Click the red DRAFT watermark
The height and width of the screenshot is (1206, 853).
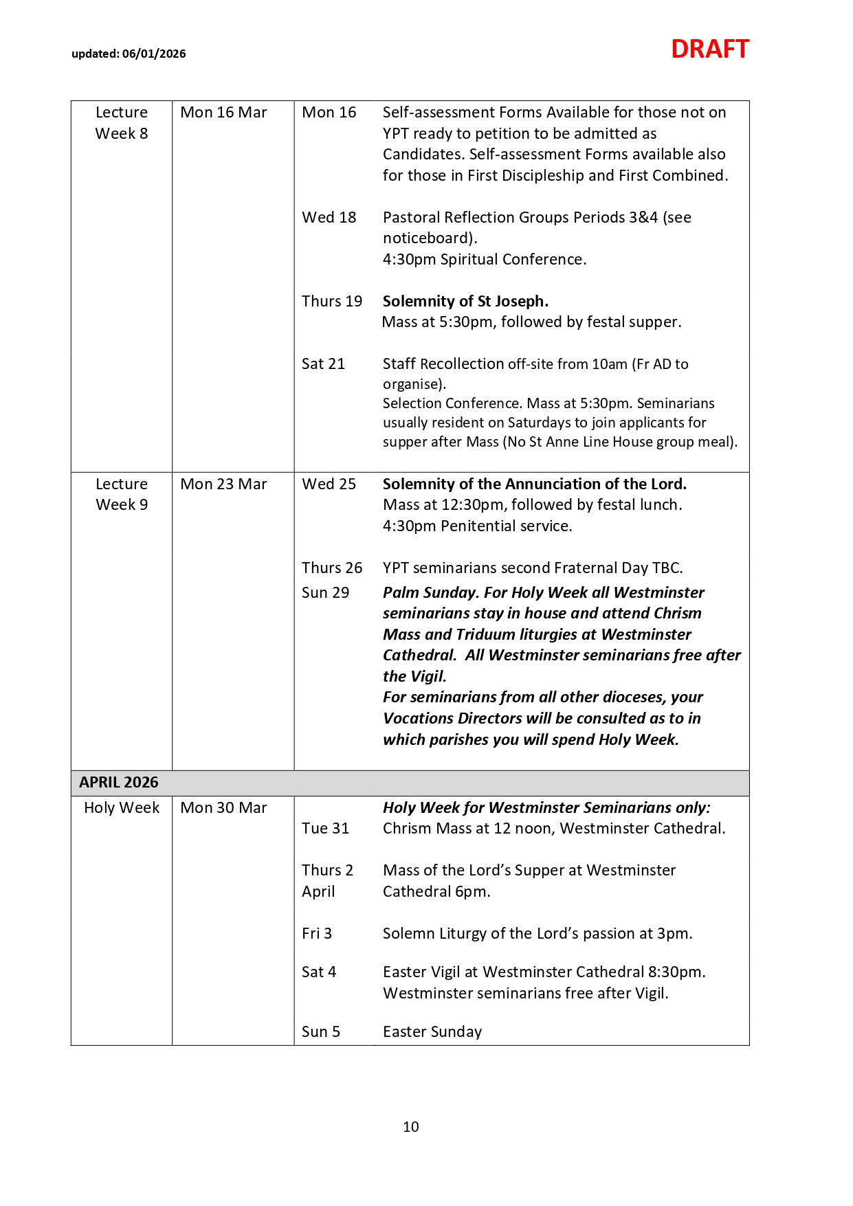(x=709, y=49)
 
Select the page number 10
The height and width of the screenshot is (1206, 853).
(x=411, y=1126)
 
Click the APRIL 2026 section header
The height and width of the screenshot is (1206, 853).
(x=119, y=783)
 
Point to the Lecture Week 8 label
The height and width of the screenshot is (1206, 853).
(x=122, y=123)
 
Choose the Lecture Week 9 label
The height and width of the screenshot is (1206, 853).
(x=122, y=494)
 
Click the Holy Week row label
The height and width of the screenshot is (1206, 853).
(x=122, y=808)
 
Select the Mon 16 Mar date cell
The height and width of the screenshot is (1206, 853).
(x=223, y=113)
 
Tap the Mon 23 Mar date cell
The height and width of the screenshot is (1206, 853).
(x=223, y=484)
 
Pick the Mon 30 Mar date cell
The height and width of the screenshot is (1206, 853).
(x=223, y=808)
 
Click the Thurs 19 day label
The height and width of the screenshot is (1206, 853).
(x=332, y=301)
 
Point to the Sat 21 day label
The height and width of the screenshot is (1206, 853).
(x=323, y=364)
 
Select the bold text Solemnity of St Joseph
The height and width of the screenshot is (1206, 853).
(x=465, y=301)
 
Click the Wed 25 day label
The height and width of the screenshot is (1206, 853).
(x=329, y=484)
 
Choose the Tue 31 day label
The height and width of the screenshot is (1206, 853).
(x=325, y=828)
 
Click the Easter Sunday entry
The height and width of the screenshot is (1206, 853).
(x=432, y=1031)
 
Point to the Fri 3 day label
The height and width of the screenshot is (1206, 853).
(x=317, y=933)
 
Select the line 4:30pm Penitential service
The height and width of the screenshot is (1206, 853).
(x=477, y=526)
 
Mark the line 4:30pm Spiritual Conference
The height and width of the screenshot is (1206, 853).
(x=485, y=260)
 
